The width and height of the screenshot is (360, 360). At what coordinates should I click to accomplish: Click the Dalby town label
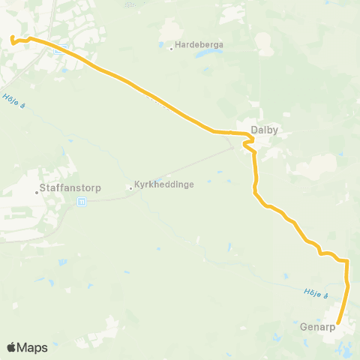(x=265, y=130)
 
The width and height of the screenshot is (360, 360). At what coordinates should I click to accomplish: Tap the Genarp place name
(x=316, y=327)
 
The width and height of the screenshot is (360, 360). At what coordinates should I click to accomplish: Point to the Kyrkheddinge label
(x=159, y=186)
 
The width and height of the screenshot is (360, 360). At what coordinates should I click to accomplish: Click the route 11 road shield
(x=82, y=200)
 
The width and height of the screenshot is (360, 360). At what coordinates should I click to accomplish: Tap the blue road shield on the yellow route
(x=65, y=46)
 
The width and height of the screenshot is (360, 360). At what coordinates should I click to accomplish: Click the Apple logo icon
(x=12, y=347)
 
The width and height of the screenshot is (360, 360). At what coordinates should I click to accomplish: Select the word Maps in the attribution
(x=34, y=347)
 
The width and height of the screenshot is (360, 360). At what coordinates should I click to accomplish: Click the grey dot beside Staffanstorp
(x=36, y=192)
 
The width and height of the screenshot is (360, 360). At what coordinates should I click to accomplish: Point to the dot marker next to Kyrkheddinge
(x=130, y=187)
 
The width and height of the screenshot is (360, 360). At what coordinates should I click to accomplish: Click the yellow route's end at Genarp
(x=337, y=324)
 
